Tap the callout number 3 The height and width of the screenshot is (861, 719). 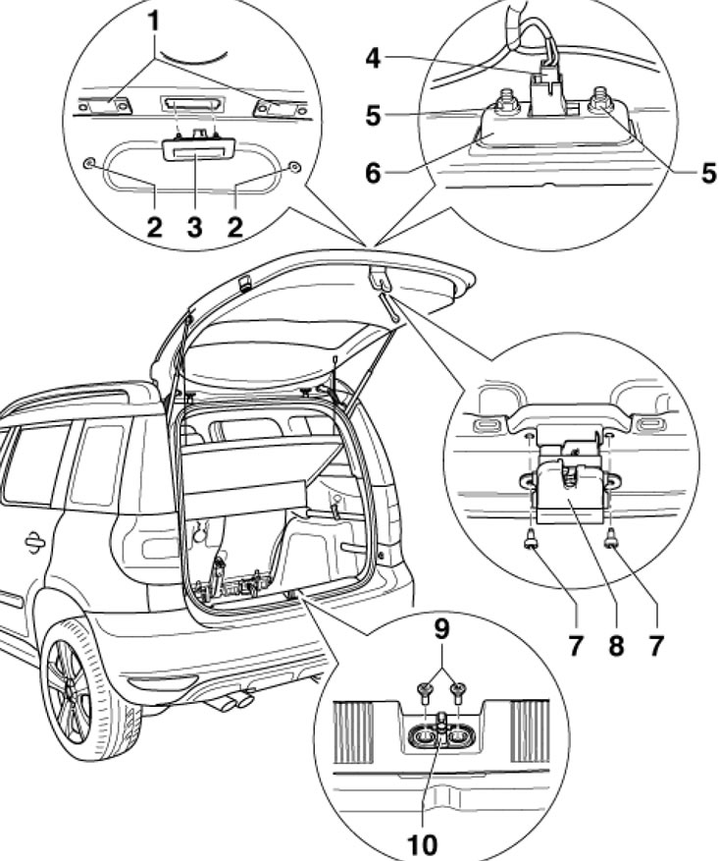(x=195, y=229)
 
